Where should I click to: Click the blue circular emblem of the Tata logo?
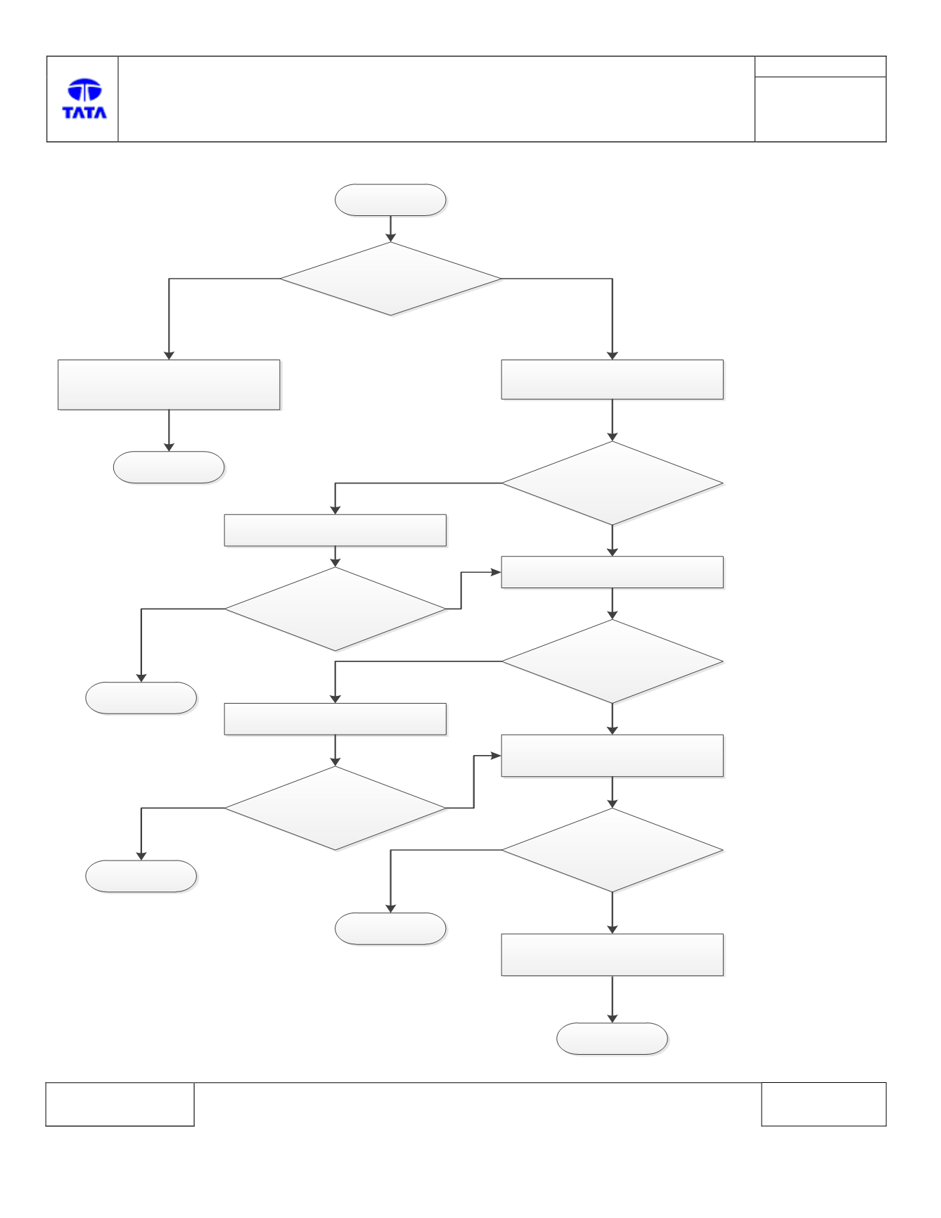(x=84, y=90)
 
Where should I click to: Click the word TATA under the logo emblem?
(x=84, y=113)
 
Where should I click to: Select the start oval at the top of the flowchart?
(x=390, y=200)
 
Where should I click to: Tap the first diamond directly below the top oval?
(x=391, y=279)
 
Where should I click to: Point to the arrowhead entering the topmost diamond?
(x=390, y=238)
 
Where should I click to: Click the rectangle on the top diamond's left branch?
(x=169, y=385)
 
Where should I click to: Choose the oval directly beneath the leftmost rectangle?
(x=169, y=467)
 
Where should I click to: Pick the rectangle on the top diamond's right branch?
(x=612, y=380)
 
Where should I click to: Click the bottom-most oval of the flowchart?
(x=612, y=1039)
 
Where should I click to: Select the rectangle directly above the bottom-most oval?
(x=612, y=955)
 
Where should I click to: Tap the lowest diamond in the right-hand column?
(x=612, y=850)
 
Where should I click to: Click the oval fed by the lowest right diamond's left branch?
(x=390, y=929)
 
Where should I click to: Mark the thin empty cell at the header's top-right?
(x=820, y=66)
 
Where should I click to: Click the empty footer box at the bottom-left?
(x=120, y=1104)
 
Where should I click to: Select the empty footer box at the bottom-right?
(x=824, y=1104)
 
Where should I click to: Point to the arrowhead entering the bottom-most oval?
(x=612, y=1018)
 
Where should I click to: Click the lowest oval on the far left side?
(x=141, y=876)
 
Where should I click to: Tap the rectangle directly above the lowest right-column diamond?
(x=612, y=756)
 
